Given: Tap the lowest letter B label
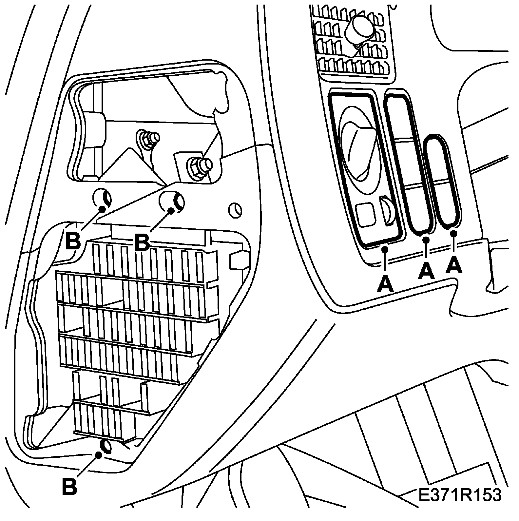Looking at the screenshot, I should pos(69,487).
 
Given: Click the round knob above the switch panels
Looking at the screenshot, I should pos(360,30).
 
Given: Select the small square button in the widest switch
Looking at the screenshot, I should pos(365,215).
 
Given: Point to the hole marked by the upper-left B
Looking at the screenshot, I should pos(102,198).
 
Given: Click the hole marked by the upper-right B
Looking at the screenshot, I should pos(171,201).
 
